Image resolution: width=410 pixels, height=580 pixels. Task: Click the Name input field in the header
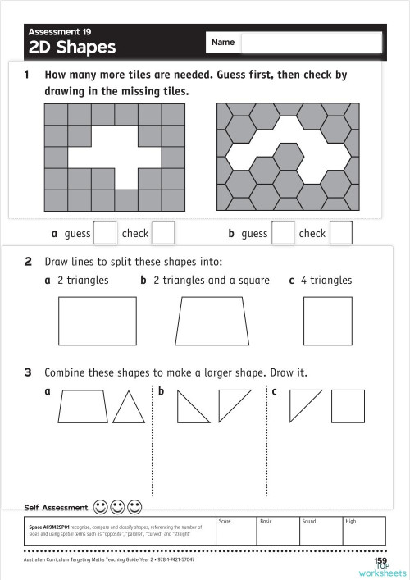click(x=311, y=42)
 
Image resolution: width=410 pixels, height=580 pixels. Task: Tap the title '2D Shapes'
click(x=71, y=48)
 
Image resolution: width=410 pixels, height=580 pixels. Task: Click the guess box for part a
click(x=104, y=234)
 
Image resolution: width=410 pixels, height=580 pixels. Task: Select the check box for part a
click(x=164, y=234)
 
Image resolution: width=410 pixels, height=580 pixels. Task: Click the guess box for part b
click(x=282, y=234)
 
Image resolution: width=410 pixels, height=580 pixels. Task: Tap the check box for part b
click(x=341, y=234)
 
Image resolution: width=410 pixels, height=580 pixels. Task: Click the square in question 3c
click(x=348, y=405)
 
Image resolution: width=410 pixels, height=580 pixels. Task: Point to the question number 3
click(x=28, y=372)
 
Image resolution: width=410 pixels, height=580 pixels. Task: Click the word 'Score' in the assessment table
click(x=225, y=521)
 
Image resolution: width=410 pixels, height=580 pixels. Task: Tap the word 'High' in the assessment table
click(x=350, y=521)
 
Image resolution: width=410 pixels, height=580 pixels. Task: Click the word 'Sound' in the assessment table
click(x=308, y=521)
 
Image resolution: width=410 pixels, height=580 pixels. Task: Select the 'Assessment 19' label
click(x=60, y=31)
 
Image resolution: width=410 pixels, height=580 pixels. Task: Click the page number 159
click(x=380, y=560)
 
